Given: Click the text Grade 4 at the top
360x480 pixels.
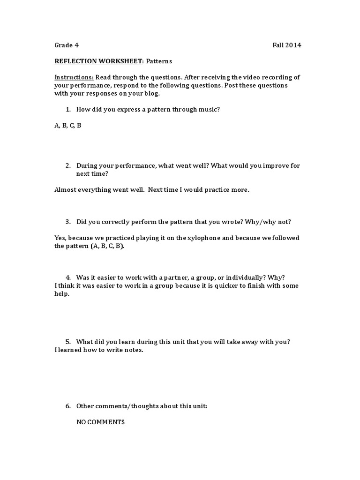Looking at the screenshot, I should click(67, 45).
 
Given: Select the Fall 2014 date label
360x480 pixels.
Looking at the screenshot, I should click(287, 45).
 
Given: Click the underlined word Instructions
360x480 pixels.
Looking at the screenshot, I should click(74, 77).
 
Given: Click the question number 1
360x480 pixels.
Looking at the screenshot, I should click(68, 109).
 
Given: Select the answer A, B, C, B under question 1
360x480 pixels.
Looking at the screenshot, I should click(68, 126).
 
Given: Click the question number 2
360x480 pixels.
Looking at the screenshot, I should click(68, 165).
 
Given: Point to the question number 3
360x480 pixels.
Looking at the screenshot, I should click(68, 222).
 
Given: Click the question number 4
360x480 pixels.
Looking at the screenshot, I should click(68, 277).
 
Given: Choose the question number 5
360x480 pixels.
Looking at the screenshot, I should click(68, 342).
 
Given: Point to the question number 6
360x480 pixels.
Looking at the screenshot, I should click(68, 406).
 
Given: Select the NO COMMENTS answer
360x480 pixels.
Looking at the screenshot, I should click(100, 422).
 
